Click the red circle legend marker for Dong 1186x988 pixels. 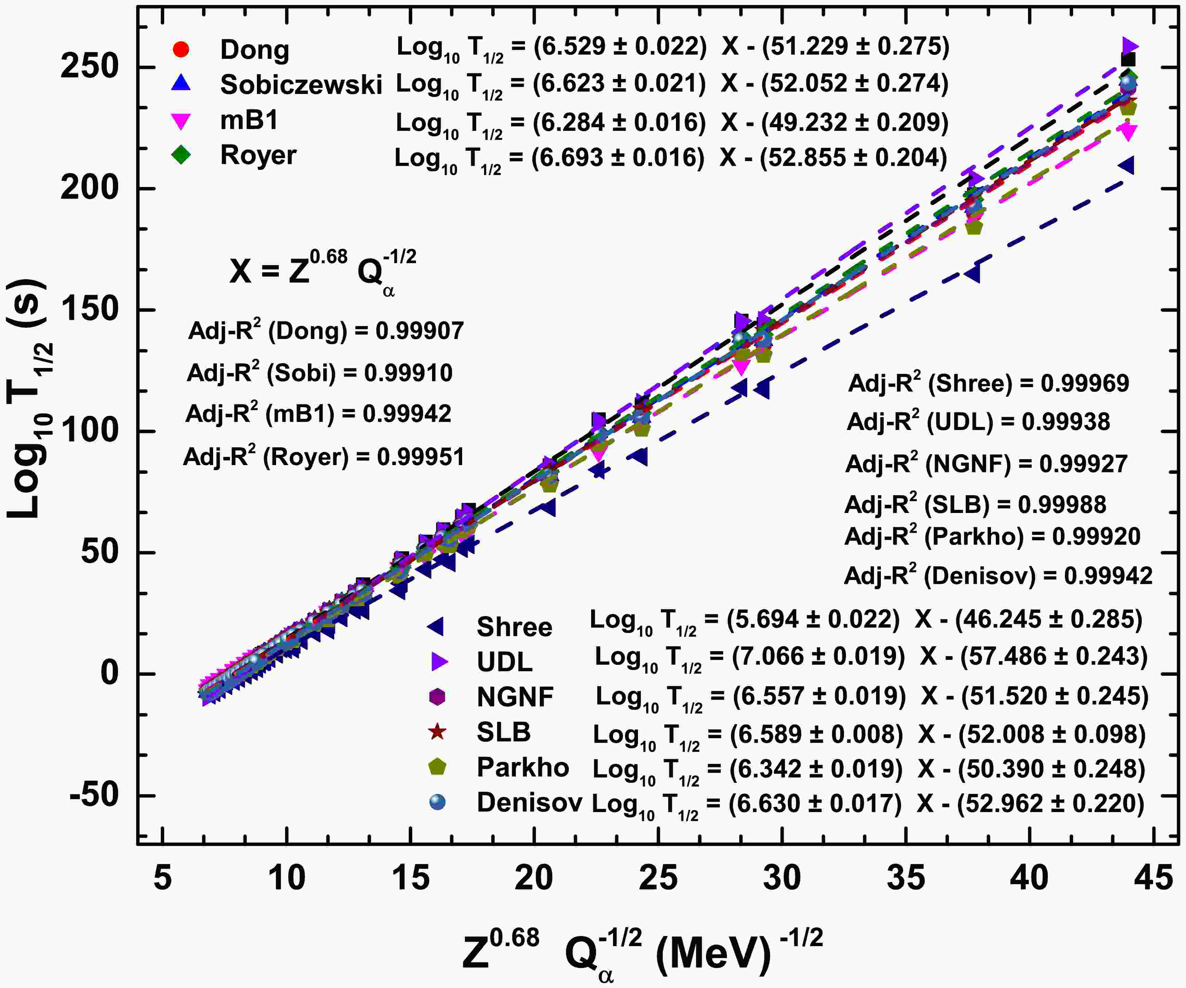(180, 50)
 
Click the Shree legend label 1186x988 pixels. (514, 627)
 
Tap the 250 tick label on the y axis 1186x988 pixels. (89, 67)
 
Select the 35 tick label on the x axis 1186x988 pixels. (906, 879)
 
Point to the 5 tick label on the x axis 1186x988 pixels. (162, 879)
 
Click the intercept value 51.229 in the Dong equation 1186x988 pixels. (808, 46)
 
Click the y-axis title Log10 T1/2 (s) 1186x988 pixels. (31, 398)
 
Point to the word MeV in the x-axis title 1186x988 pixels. (713, 954)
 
